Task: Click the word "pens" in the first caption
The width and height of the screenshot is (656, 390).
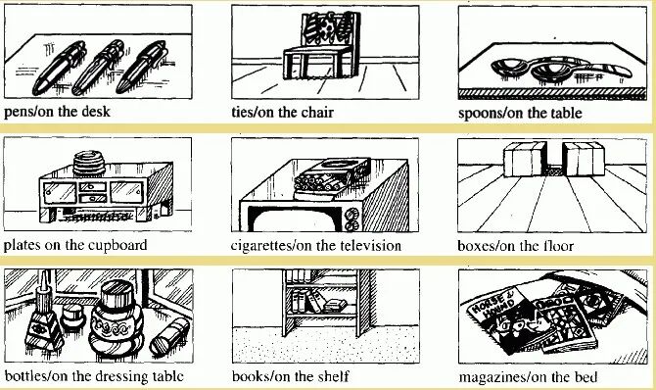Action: pyautogui.click(x=18, y=113)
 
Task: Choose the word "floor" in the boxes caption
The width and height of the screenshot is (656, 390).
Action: pyautogui.click(x=558, y=246)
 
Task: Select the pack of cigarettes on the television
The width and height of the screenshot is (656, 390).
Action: pyautogui.click(x=331, y=176)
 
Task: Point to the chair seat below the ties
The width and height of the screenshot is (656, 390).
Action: pyautogui.click(x=318, y=51)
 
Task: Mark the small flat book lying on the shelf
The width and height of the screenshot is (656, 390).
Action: pyautogui.click(x=336, y=305)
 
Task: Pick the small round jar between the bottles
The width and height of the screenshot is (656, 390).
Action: pyautogui.click(x=73, y=317)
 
